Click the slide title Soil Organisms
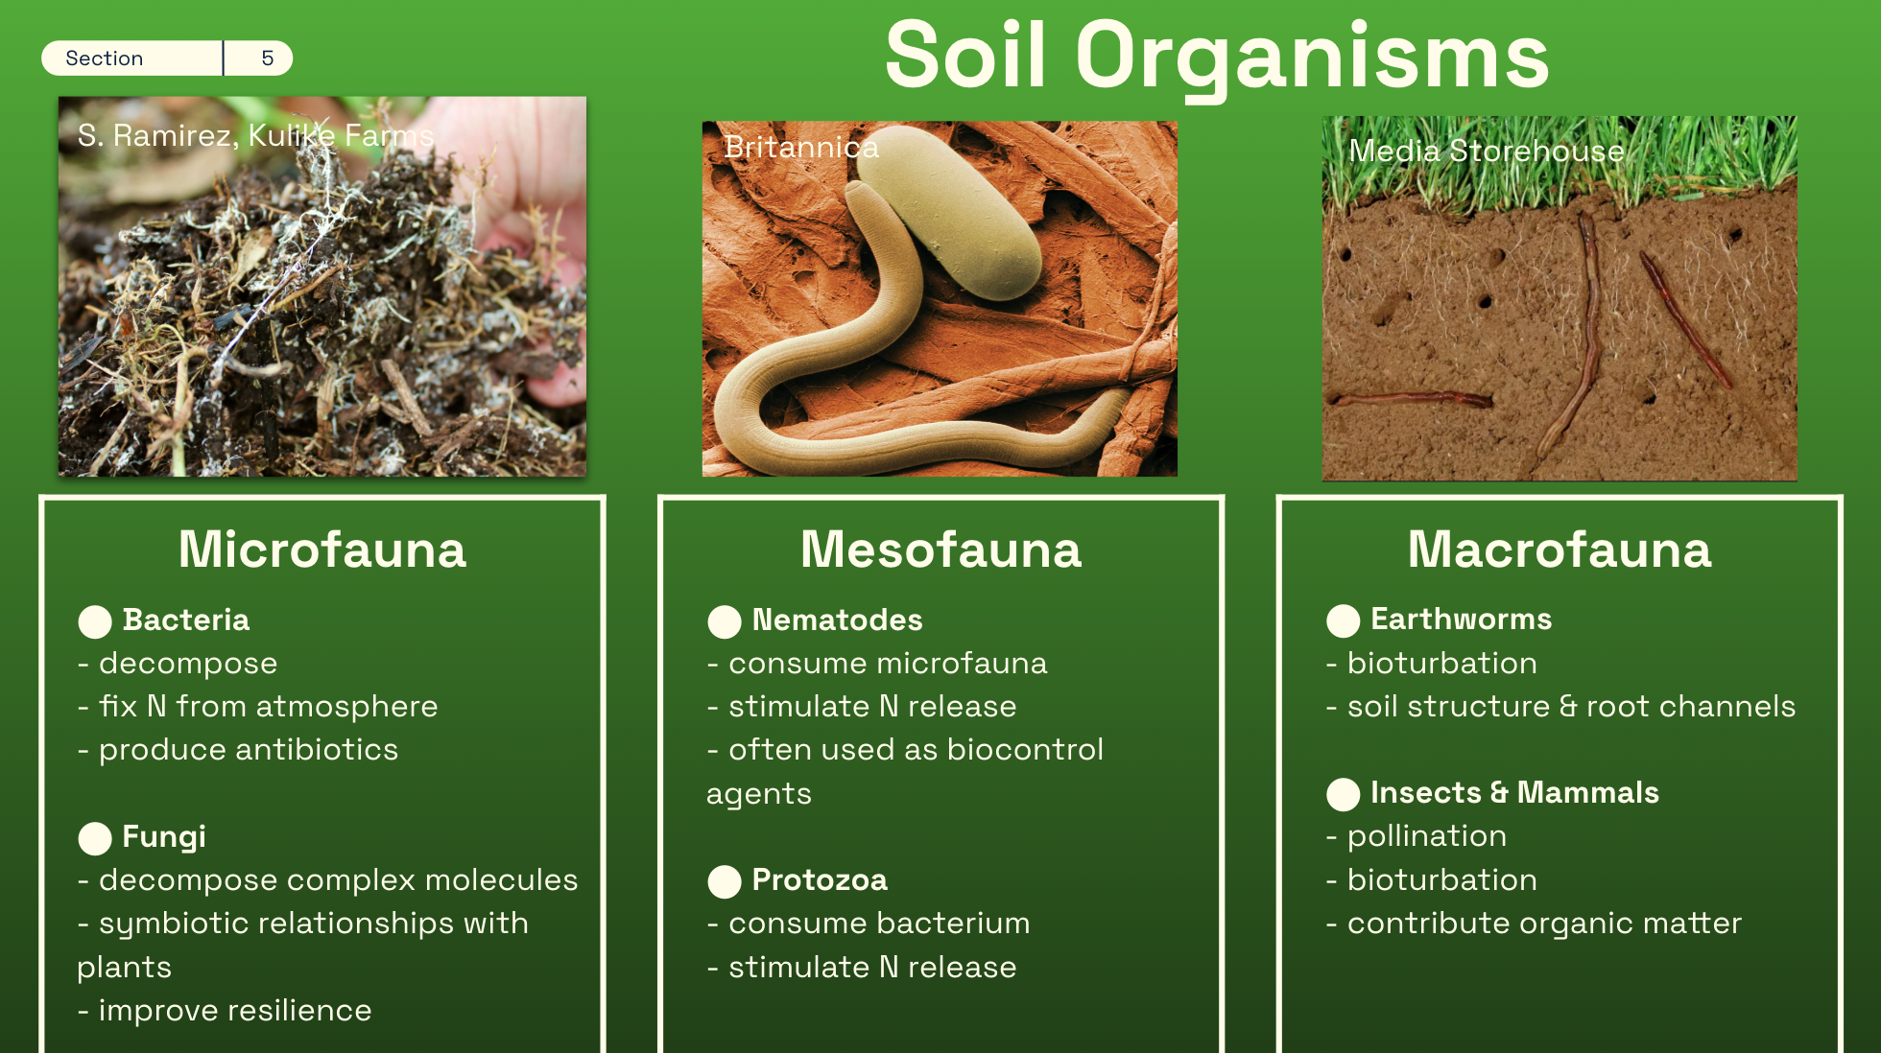coord(1216,58)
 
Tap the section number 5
coord(268,58)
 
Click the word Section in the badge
coord(104,58)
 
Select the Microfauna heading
coord(322,550)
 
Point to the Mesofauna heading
coord(941,550)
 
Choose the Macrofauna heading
coord(1560,550)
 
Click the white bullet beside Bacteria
coord(95,621)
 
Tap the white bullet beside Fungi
coord(95,838)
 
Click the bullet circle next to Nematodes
coord(725,621)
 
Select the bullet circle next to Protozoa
coord(725,881)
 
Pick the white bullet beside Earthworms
coord(1344,620)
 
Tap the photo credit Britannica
coord(801,147)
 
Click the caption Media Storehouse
coord(1487,151)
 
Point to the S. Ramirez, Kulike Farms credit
coord(256,136)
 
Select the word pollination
coord(1427,836)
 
